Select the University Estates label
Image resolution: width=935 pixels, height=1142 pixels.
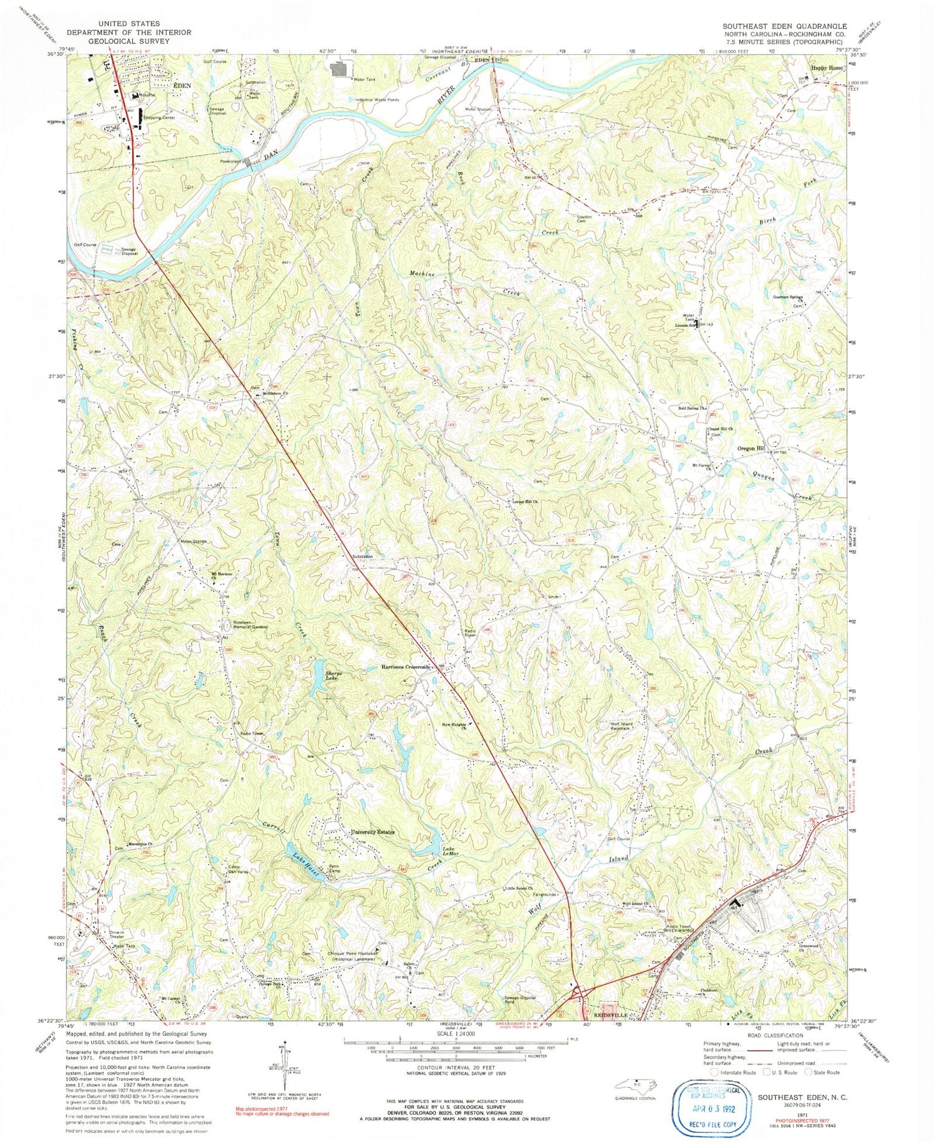click(x=373, y=832)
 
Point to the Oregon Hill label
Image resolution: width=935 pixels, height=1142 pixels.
click(x=750, y=448)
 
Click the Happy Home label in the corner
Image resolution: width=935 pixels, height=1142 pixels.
click(x=827, y=68)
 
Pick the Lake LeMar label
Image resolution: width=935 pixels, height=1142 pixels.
click(x=452, y=851)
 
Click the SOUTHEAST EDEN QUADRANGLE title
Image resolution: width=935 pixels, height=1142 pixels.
click(x=784, y=26)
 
